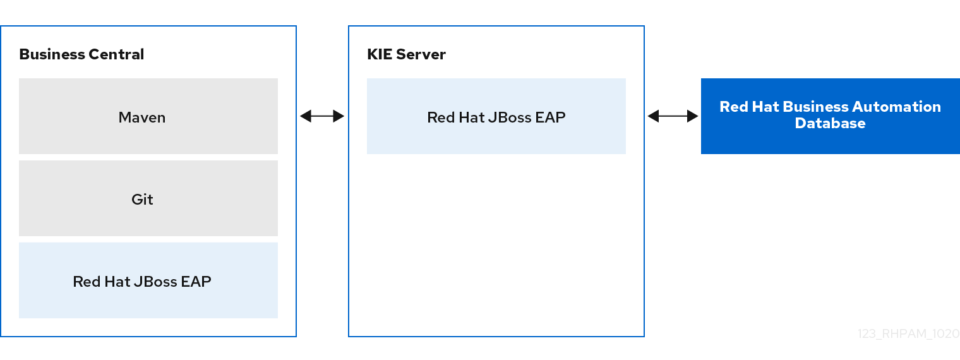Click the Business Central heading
click(x=81, y=54)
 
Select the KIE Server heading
click(x=406, y=54)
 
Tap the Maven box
click(x=148, y=116)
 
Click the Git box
click(x=148, y=198)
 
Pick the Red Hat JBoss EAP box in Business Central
click(x=148, y=280)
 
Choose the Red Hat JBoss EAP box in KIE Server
click(x=496, y=116)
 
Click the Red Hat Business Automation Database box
click(x=831, y=116)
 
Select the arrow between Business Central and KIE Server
click(x=322, y=116)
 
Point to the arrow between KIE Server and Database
click(x=673, y=116)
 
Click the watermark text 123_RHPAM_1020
click(x=909, y=334)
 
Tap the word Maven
click(x=142, y=117)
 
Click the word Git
click(x=142, y=200)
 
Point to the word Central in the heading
click(x=116, y=54)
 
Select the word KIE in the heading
click(x=380, y=54)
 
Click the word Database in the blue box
click(x=830, y=123)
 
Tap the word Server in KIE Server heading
click(x=421, y=54)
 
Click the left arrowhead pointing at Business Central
click(x=306, y=116)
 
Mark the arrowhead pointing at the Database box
click(x=693, y=116)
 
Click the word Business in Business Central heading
click(x=52, y=54)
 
